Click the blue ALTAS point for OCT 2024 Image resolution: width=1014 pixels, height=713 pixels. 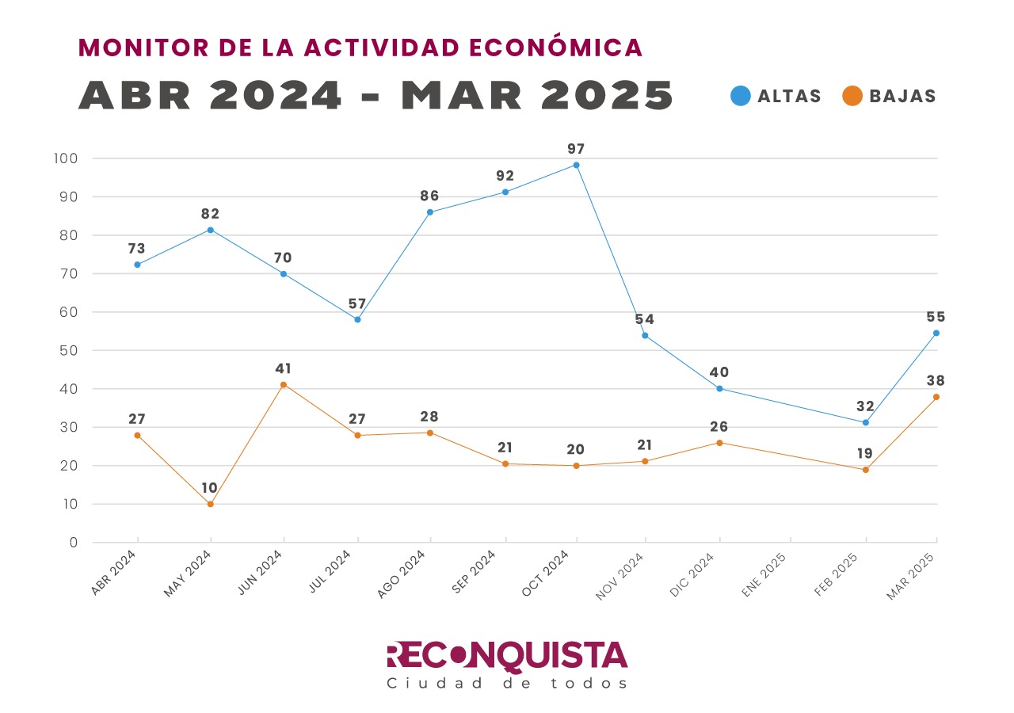point(576,165)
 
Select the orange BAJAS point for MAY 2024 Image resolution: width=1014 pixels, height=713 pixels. point(210,504)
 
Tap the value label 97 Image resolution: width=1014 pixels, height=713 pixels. point(576,149)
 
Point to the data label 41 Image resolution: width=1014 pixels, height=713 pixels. point(283,368)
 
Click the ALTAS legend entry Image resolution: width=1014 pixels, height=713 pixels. point(776,96)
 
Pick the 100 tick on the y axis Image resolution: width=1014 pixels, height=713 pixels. point(67,158)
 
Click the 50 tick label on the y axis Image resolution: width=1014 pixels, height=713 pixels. point(69,350)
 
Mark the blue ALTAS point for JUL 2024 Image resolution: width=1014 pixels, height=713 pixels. point(357,319)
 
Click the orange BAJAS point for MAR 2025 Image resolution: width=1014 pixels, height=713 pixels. point(936,397)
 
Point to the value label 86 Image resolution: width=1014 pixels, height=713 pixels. point(429,196)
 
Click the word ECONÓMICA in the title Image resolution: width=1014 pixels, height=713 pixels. point(555,48)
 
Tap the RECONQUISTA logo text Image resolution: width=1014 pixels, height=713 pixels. point(507,656)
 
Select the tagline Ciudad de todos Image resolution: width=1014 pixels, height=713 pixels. point(507,683)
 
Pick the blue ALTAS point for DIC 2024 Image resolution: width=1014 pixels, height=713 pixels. point(719,388)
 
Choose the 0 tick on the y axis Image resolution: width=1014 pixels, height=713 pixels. point(73,543)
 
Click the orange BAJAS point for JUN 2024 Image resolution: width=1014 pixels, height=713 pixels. point(283,384)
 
